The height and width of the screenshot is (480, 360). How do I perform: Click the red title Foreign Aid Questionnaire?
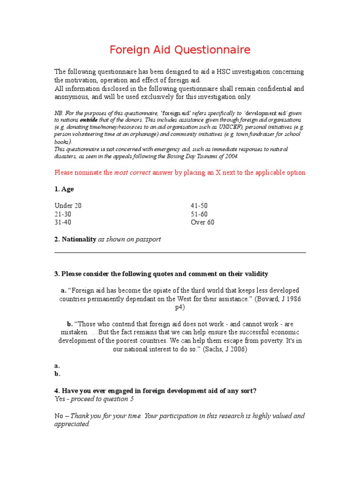point(180,50)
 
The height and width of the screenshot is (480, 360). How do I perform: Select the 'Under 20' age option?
point(68,206)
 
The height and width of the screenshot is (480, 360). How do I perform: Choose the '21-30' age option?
point(63,214)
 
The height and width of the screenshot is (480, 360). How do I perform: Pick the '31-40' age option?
point(63,222)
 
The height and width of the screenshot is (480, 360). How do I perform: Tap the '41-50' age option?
point(199,206)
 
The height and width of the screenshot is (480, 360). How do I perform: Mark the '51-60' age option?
point(199,214)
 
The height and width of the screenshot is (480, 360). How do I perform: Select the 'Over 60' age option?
point(202,222)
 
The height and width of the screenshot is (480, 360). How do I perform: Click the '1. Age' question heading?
point(64,189)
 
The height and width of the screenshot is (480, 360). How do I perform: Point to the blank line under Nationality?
point(180,252)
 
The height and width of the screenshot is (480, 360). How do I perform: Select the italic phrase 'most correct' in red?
point(133,172)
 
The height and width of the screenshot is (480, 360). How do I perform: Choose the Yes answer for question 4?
point(60,399)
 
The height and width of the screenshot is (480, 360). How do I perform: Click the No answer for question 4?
point(60,416)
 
